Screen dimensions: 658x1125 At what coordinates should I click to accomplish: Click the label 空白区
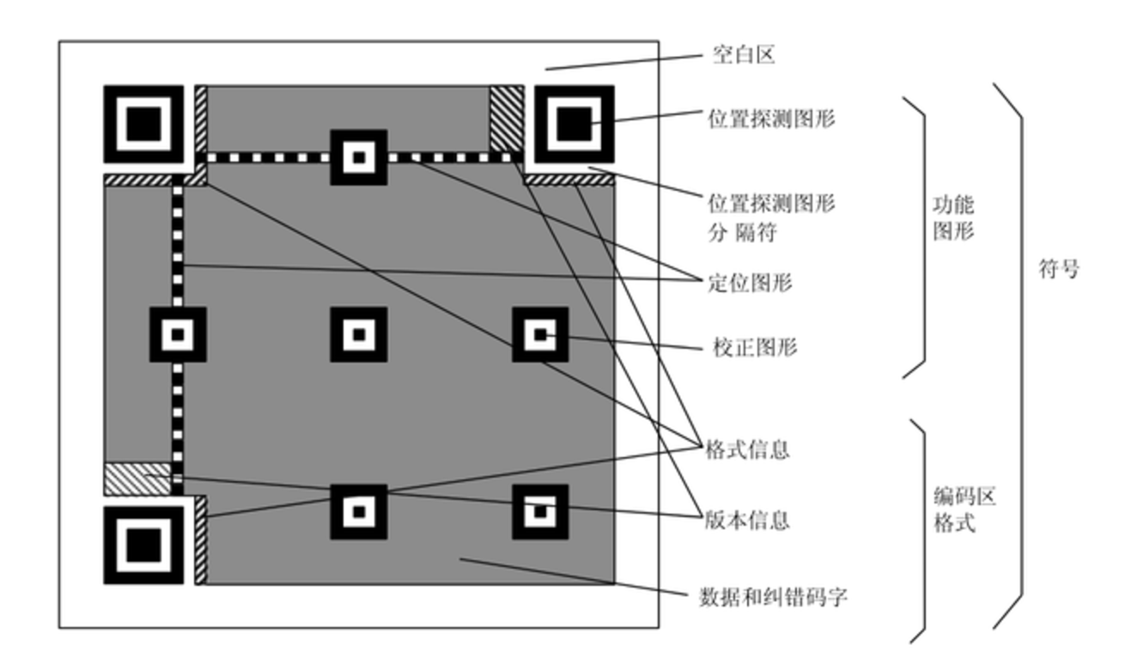pyautogui.click(x=744, y=56)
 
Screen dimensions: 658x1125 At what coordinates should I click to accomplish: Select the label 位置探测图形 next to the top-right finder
pyautogui.click(x=771, y=119)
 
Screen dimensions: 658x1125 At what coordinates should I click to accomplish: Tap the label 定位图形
pyautogui.click(x=749, y=282)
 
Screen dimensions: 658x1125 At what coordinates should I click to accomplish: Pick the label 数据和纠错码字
pyautogui.click(x=774, y=596)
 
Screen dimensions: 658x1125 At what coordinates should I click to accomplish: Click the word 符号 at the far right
pyautogui.click(x=1058, y=269)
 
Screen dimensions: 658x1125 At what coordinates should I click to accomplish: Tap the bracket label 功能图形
pyautogui.click(x=954, y=218)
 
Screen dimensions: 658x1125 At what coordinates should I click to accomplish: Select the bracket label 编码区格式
pyautogui.click(x=954, y=509)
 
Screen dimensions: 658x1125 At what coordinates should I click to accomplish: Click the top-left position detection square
pyautogui.click(x=143, y=125)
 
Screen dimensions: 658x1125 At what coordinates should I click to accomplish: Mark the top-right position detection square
pyautogui.click(x=574, y=125)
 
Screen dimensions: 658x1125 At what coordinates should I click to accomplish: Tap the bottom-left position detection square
pyautogui.click(x=143, y=545)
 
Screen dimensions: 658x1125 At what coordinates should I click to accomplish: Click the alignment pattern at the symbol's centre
pyautogui.click(x=359, y=334)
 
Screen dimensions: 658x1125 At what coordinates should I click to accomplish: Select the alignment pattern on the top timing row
pyautogui.click(x=359, y=157)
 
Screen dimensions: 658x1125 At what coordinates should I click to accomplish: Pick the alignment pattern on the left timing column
pyautogui.click(x=178, y=334)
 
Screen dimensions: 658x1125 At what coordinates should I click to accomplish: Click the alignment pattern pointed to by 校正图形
pyautogui.click(x=540, y=334)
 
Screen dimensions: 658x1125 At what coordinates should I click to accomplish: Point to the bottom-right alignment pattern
pyautogui.click(x=540, y=512)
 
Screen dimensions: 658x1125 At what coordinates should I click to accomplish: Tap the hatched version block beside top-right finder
pyautogui.click(x=506, y=118)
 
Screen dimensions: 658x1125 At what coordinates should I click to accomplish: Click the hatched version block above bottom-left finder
pyautogui.click(x=137, y=478)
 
